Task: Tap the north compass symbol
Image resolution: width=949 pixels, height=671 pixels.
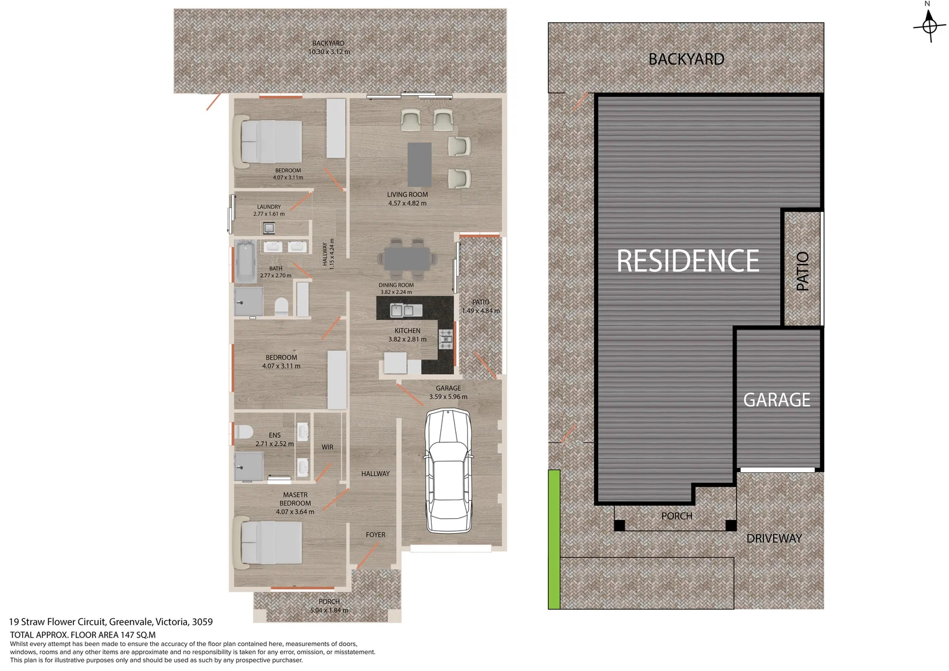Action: (929, 25)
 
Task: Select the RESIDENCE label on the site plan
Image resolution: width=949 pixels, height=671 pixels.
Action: (688, 261)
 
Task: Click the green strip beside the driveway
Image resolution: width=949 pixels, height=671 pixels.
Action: (554, 539)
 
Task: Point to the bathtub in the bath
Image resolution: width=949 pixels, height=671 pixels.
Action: (245, 262)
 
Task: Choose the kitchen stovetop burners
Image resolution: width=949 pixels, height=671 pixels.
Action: (446, 339)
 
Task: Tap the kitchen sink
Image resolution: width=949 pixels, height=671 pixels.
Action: (402, 309)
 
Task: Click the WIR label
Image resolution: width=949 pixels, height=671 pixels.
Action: (327, 447)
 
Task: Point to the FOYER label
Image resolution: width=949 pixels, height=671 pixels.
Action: (375, 535)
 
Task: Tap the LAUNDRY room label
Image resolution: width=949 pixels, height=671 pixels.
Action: (269, 207)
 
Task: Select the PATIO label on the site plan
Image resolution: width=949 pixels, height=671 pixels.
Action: (802, 271)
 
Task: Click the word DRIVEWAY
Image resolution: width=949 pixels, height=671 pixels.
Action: (774, 539)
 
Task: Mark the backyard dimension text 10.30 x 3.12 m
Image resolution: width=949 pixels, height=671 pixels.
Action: (329, 52)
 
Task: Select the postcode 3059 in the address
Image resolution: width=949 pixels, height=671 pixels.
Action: (202, 621)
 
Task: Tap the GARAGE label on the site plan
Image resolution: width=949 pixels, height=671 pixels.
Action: (777, 399)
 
